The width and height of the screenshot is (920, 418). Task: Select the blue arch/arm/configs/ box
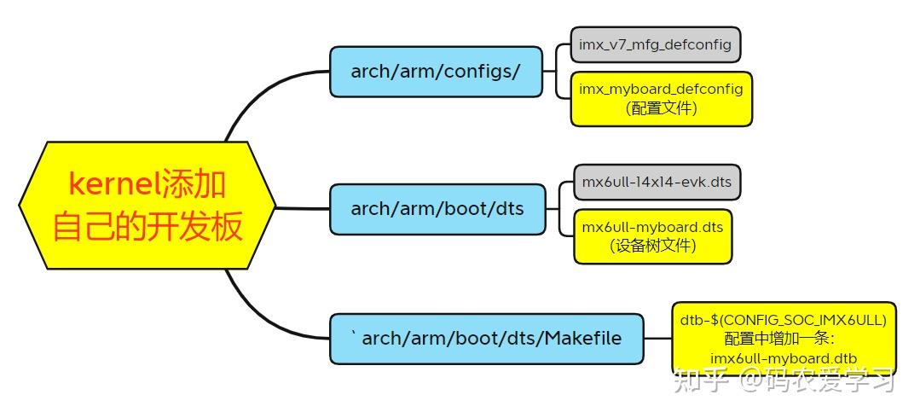click(x=436, y=71)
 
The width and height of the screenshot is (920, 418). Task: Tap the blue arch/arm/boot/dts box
click(x=437, y=208)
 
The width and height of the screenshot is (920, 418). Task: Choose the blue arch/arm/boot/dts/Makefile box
click(x=486, y=339)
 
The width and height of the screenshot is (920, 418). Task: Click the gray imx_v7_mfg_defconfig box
click(x=655, y=44)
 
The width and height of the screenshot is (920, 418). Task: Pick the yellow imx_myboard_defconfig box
click(x=661, y=98)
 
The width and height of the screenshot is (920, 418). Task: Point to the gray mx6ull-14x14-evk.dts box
click(x=657, y=182)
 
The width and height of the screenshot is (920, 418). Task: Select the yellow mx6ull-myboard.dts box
click(x=652, y=235)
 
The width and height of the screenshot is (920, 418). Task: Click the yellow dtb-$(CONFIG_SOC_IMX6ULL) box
click(x=784, y=339)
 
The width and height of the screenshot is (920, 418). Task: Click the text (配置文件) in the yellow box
click(x=661, y=108)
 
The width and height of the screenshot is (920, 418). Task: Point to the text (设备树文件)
click(x=652, y=246)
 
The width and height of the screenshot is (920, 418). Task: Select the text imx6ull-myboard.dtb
click(x=784, y=357)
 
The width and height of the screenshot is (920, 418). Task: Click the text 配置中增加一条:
click(x=784, y=339)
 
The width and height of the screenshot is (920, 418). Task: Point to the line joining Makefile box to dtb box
click(x=657, y=339)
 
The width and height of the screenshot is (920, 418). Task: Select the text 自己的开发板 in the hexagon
click(x=148, y=228)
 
